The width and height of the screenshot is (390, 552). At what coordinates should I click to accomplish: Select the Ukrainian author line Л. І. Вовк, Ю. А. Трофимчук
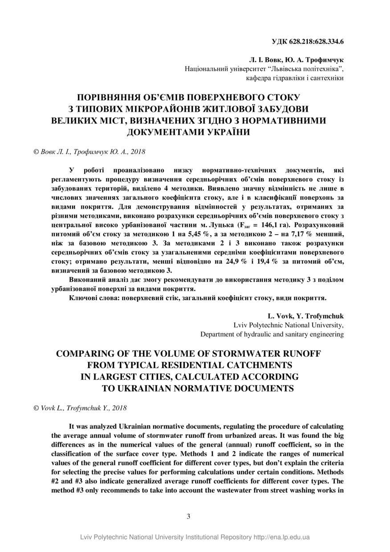click(296, 59)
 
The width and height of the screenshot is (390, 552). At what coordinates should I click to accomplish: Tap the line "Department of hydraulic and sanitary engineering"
click(272, 334)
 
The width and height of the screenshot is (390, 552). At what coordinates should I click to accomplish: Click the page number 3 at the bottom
click(189, 516)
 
